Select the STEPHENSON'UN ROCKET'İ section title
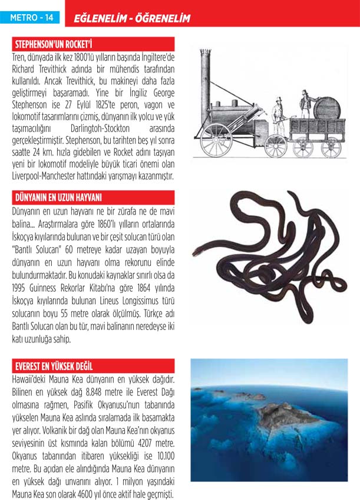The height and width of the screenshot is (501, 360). [x=54, y=44]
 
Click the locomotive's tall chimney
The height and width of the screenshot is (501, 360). [x=206, y=77]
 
